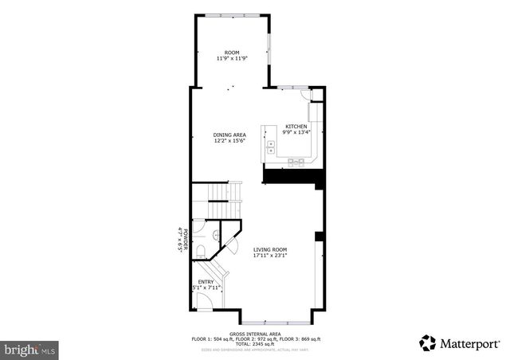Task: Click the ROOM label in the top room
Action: coord(231,53)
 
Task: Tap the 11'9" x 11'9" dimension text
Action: coord(231,59)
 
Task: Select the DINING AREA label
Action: coord(229,135)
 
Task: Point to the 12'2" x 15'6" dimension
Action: coord(229,141)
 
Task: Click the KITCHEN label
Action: coord(296,127)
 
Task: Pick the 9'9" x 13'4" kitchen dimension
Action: coord(296,133)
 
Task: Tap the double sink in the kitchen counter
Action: coord(271,148)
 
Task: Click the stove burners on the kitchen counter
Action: coord(296,162)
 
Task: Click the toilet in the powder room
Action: coord(201,251)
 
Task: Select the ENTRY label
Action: coord(206,281)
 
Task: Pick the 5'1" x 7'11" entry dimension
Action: coord(206,288)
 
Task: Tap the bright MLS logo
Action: coord(31,349)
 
